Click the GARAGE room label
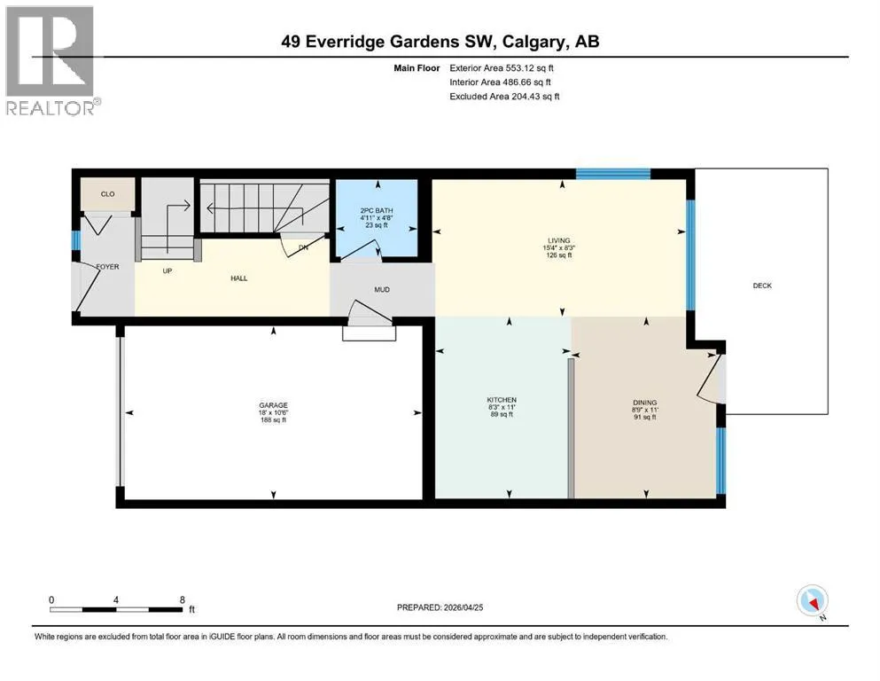[273, 405]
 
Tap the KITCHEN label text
[502, 400]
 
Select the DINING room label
[645, 403]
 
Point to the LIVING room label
[559, 240]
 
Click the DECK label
[762, 286]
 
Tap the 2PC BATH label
[377, 210]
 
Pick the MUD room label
[382, 290]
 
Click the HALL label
[239, 278]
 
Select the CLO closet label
[108, 194]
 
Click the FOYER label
[108, 267]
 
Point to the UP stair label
[167, 271]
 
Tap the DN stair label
[304, 247]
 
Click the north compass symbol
[813, 601]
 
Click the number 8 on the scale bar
[183, 599]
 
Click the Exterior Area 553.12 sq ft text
[502, 68]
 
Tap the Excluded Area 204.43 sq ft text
[504, 97]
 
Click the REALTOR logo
[51, 60]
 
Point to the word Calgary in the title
[533, 42]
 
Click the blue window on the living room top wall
[613, 174]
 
